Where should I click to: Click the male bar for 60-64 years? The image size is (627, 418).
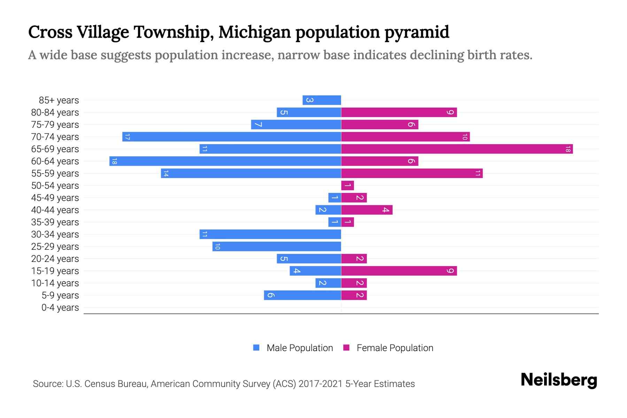point(225,161)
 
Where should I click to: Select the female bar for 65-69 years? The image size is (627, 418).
point(457,149)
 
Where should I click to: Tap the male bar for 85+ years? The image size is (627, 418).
point(322,100)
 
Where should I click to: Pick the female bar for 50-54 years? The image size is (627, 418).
point(348,186)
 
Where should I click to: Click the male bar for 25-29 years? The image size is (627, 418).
point(277,247)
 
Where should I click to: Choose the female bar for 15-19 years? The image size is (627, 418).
point(399,271)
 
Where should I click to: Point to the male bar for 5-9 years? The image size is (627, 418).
point(302,295)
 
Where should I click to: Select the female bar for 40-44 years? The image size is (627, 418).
point(367,210)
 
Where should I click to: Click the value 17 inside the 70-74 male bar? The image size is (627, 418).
point(127,137)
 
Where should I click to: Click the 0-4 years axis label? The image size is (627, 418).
point(60,308)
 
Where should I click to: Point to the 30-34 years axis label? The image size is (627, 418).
point(55,234)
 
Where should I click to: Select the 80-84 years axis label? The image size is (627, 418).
point(55,113)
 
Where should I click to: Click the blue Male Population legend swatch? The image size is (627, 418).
point(256,348)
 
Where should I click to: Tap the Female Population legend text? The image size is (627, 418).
point(395,348)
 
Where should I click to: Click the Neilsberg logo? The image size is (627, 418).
point(559,380)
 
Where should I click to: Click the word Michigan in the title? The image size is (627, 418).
point(255,32)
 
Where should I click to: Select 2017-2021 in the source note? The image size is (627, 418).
point(320,384)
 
